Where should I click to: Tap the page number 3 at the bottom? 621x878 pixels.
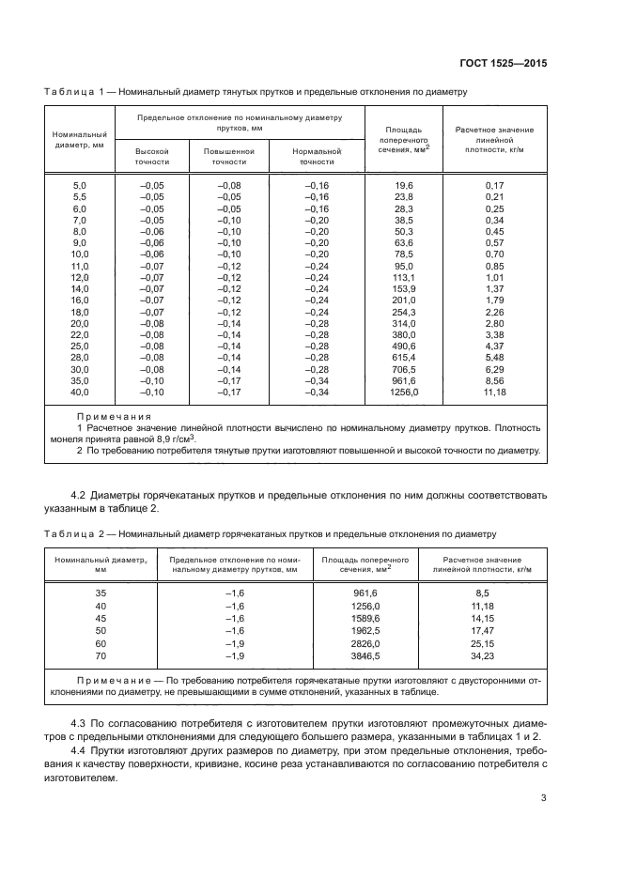[543, 798]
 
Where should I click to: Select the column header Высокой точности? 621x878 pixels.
[152, 157]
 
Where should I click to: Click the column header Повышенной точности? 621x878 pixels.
[229, 157]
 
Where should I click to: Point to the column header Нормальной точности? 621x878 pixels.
[309, 157]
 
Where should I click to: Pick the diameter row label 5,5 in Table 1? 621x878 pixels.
[80, 197]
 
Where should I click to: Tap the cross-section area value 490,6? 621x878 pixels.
[404, 344]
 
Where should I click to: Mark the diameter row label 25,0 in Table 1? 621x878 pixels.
[80, 344]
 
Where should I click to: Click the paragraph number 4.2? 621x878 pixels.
[81, 494]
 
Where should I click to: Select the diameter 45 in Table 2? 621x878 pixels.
[101, 619]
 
